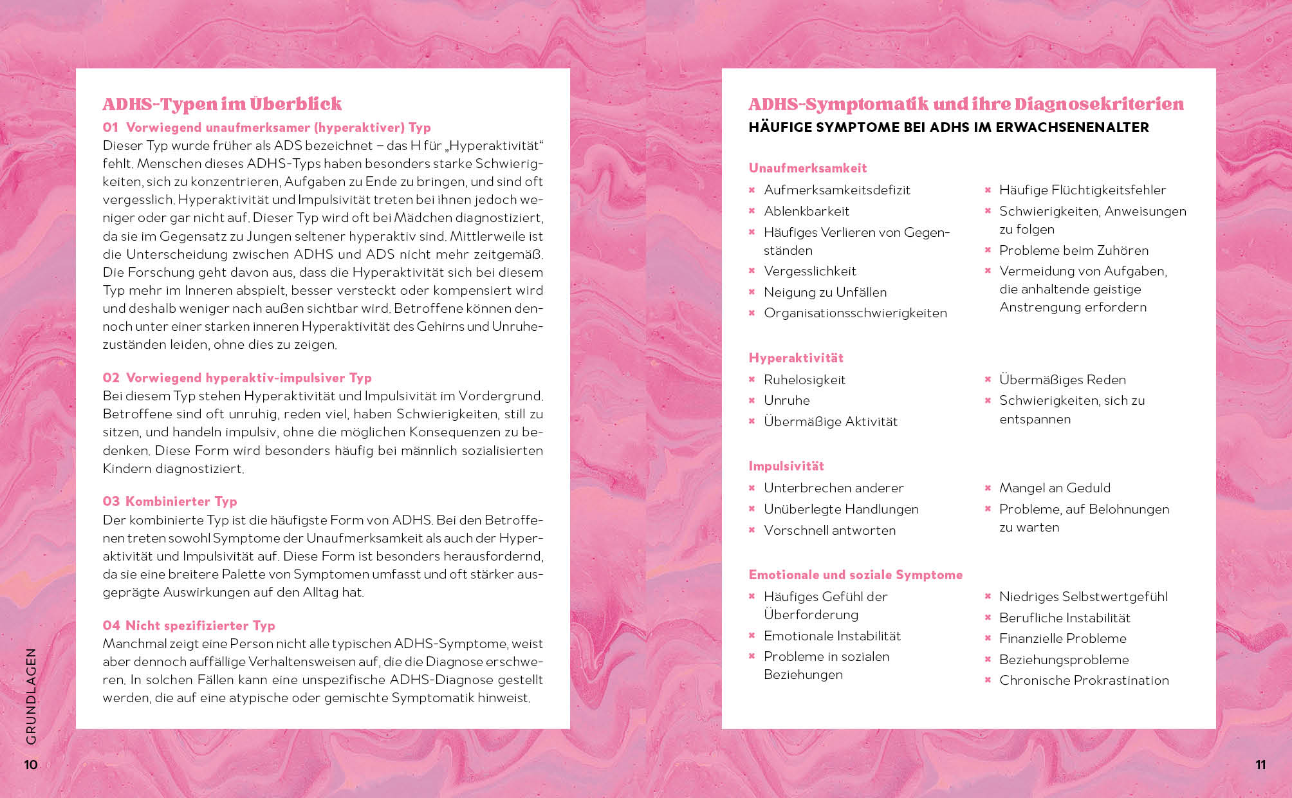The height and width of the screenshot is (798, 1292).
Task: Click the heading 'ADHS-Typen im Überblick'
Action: [x=222, y=104]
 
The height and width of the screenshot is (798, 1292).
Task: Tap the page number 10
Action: [x=31, y=765]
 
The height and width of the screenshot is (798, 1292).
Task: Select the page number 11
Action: [x=1260, y=765]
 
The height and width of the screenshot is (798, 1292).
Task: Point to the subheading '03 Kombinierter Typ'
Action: [x=170, y=501]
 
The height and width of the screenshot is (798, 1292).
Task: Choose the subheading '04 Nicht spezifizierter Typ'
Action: [x=189, y=626]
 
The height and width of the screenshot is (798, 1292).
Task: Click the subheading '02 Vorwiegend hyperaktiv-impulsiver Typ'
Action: [x=237, y=378]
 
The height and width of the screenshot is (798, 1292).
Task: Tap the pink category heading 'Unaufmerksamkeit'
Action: [x=807, y=168]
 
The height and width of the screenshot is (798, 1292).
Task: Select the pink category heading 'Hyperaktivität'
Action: [x=796, y=358]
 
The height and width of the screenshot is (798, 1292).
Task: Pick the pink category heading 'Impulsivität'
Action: [x=786, y=466]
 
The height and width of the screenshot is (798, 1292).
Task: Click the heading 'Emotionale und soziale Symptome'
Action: [x=856, y=575]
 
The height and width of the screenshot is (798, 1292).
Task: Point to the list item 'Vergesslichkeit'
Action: [x=810, y=271]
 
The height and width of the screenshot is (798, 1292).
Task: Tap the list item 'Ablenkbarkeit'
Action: [x=806, y=211]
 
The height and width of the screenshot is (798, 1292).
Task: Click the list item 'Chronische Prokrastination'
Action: [x=1084, y=680]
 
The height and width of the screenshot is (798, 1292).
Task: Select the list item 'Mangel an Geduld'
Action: [x=1055, y=488]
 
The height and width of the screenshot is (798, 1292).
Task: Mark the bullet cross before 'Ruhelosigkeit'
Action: [x=752, y=380]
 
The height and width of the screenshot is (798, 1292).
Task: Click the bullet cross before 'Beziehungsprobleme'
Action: [x=988, y=660]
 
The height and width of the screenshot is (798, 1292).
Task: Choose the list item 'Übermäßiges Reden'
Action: [x=1062, y=380]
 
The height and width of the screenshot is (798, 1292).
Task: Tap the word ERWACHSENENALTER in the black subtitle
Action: [x=1072, y=127]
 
